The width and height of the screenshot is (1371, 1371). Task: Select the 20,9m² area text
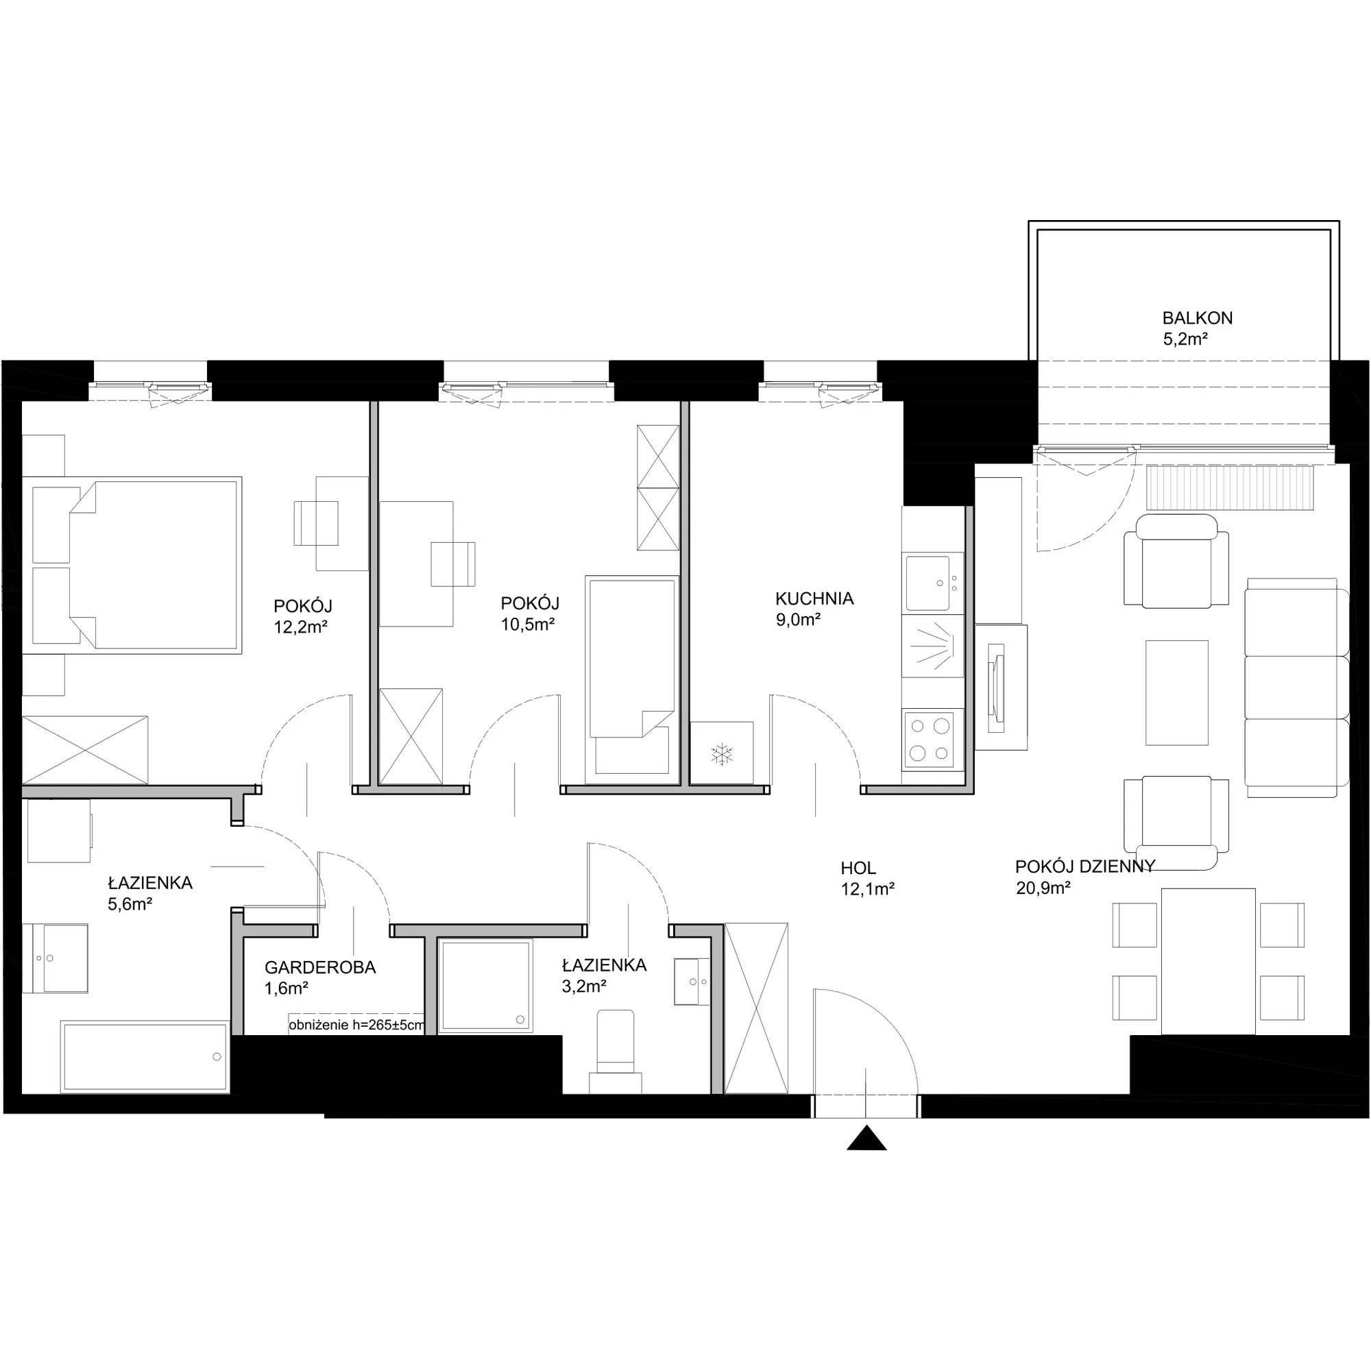click(x=1043, y=888)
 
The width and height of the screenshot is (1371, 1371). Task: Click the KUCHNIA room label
click(x=814, y=598)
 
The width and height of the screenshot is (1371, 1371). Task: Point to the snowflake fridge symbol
click(x=722, y=753)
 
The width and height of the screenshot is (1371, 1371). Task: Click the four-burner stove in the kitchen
click(x=932, y=740)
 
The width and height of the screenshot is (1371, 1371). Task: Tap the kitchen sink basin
click(x=928, y=583)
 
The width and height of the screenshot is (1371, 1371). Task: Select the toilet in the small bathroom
click(x=616, y=1051)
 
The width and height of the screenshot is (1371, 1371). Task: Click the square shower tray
click(x=485, y=985)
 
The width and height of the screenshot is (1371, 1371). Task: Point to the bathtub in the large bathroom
click(x=145, y=1056)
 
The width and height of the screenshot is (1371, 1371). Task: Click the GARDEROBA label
click(x=320, y=967)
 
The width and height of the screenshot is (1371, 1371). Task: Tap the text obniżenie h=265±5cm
click(x=357, y=1025)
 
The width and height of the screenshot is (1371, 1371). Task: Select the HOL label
click(x=858, y=868)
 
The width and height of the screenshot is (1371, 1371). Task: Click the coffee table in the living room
click(x=1176, y=692)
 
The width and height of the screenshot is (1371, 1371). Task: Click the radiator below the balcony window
click(x=1230, y=487)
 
